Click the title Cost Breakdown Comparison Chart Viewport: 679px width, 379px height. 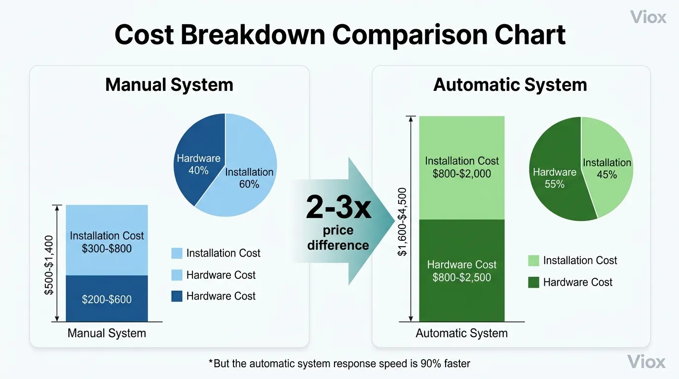[x=339, y=35]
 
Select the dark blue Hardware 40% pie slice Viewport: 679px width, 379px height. [x=197, y=158]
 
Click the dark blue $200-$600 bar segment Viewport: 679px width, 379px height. [x=107, y=299]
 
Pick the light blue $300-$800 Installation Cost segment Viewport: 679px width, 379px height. [x=107, y=242]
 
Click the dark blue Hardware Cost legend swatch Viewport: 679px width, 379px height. [x=177, y=296]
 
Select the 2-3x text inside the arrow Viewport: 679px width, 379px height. [x=338, y=208]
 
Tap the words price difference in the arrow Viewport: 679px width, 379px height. [x=338, y=238]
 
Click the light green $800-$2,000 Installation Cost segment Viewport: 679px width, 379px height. [x=461, y=167]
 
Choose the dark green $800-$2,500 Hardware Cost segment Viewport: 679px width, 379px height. [x=461, y=271]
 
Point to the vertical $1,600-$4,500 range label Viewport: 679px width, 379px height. [x=402, y=222]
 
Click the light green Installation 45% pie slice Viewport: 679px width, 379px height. [x=609, y=173]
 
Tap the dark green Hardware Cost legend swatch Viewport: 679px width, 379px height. [x=533, y=282]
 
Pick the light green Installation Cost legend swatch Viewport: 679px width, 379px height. [x=533, y=261]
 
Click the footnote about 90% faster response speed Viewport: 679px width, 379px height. [x=339, y=364]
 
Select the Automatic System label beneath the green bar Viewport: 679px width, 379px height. [x=461, y=333]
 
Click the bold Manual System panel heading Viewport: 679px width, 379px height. [x=169, y=85]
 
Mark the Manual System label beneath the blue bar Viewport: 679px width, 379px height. [x=107, y=333]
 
